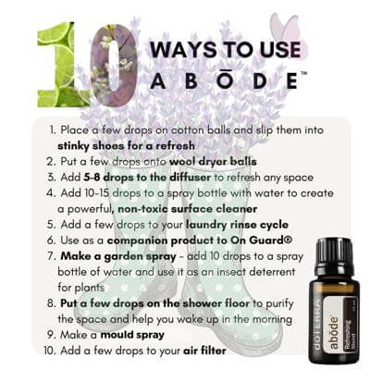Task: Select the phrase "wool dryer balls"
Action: (x=213, y=162)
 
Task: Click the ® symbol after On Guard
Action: (x=287, y=240)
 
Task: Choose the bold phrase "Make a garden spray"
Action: (x=118, y=256)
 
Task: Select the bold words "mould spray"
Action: (x=132, y=335)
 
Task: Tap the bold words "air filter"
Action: (x=204, y=351)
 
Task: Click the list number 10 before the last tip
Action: (x=50, y=351)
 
